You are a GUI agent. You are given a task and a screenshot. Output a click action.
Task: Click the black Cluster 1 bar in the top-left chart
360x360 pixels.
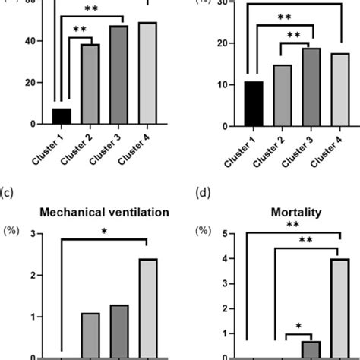(62, 116)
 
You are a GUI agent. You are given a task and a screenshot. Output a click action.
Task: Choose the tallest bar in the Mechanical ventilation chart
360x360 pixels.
(147, 308)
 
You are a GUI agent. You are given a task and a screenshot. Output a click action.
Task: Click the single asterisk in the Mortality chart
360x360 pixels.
(298, 327)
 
